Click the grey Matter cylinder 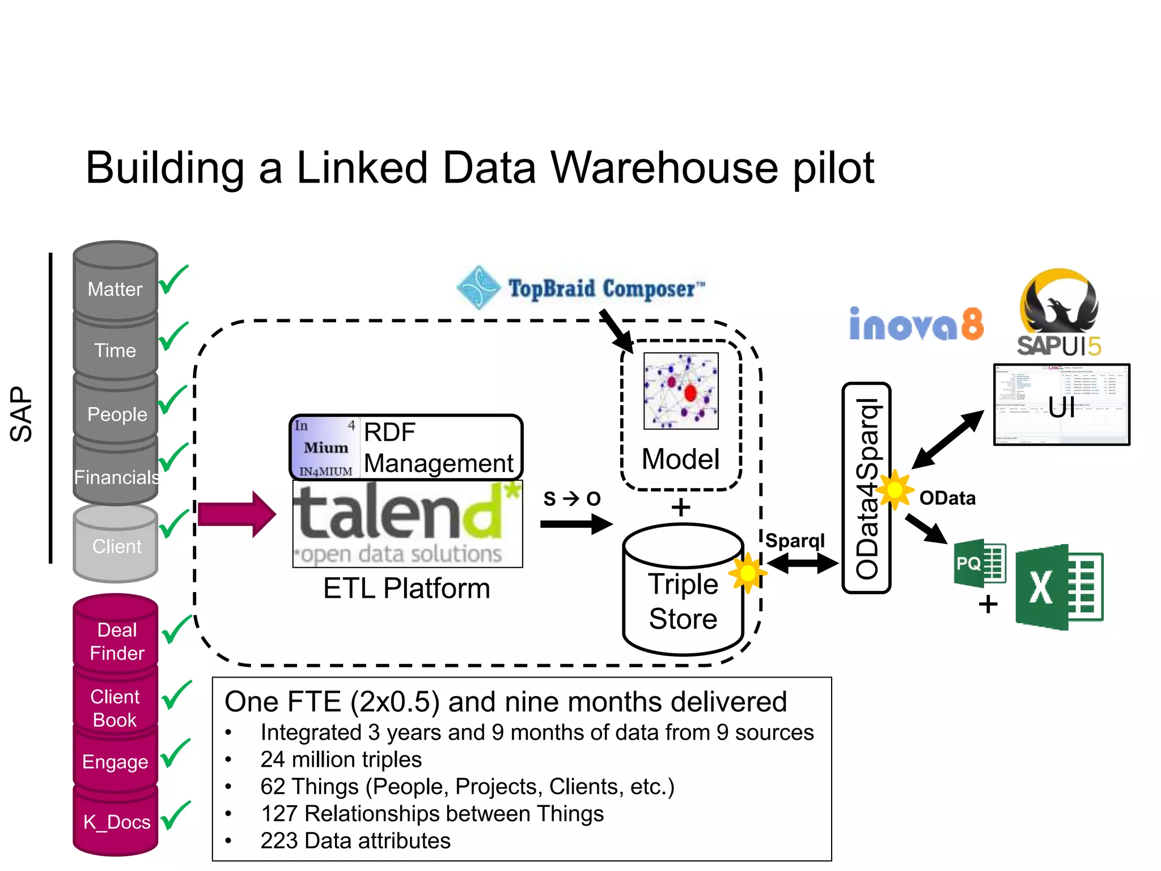coord(115,284)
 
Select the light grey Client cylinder coord(116,544)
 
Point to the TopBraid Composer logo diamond coord(479,287)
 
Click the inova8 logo coord(916,324)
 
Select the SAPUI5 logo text coord(1058,346)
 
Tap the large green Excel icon coord(1059,587)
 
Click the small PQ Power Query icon coord(980,563)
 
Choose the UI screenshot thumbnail coord(1061,404)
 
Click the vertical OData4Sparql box coord(866,488)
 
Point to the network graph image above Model coord(681,391)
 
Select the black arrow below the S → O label coord(576,523)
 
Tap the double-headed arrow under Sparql coord(802,563)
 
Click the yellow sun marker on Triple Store coord(747,573)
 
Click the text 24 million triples coord(341,759)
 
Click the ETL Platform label coord(406,588)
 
